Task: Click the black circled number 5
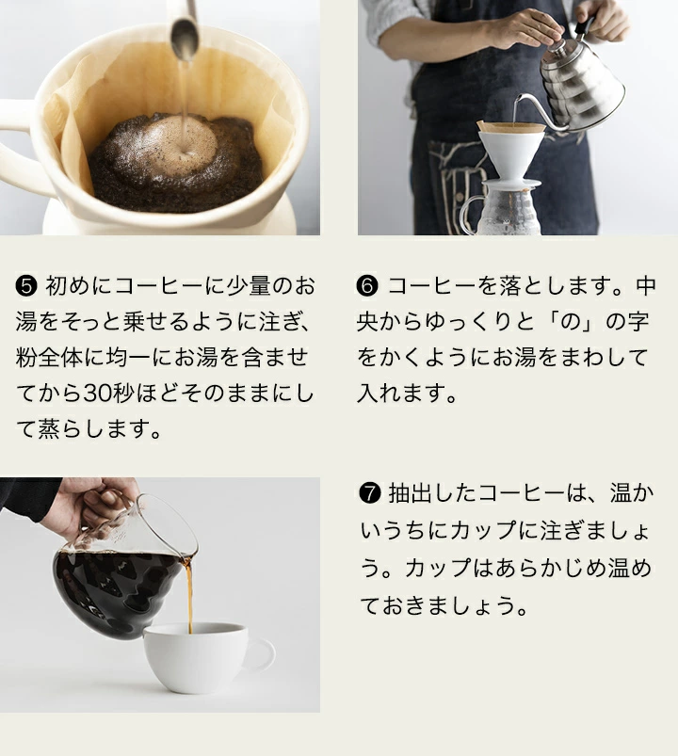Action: (26, 286)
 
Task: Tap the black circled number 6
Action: (367, 286)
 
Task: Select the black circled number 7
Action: (370, 493)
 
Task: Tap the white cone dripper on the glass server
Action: (509, 154)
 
